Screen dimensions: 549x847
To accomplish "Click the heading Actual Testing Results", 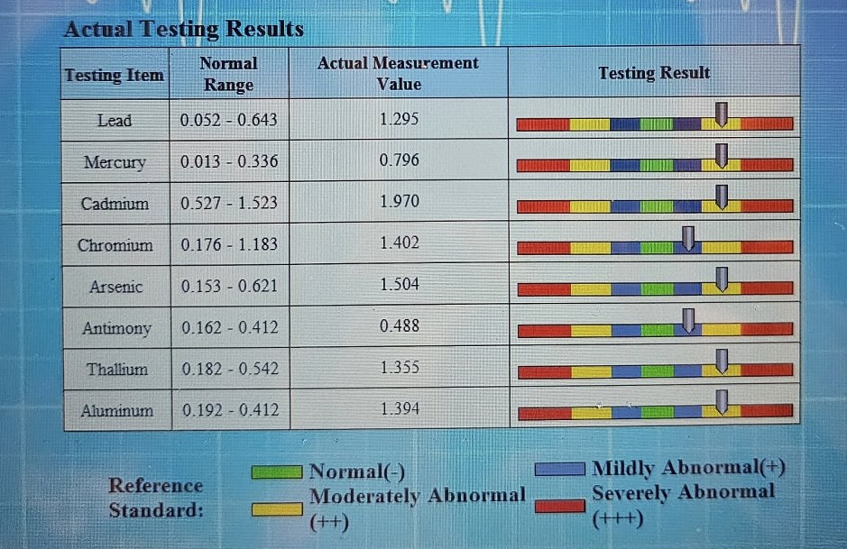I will coord(184,29).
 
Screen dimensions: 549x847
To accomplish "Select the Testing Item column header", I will coord(115,75).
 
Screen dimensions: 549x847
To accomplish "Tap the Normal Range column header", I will coord(228,74).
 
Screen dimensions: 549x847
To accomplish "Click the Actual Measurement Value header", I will coord(398,73).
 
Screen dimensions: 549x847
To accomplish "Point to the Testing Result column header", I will coord(654,73).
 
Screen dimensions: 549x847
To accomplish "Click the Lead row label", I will coord(115,120).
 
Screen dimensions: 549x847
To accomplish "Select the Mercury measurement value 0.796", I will coord(399,160).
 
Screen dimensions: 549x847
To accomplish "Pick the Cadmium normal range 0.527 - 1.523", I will coord(229,203).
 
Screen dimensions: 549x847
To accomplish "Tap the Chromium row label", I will coord(115,245).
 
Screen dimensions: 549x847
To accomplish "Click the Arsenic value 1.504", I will coord(399,285).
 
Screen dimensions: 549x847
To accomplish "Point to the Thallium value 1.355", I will coord(399,368).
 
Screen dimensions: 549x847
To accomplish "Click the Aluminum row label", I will coord(116,410).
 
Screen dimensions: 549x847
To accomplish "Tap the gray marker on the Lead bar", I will coord(721,114).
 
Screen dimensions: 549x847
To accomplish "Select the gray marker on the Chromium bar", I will coord(688,238).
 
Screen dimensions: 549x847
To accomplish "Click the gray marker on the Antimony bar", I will coord(688,320).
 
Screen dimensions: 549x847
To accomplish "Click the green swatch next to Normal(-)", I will coord(278,471).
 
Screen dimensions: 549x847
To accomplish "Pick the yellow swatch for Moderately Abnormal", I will coord(278,509).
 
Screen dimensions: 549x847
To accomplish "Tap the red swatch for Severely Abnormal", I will coord(559,506).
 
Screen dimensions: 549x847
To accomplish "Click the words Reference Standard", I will coord(156,498).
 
